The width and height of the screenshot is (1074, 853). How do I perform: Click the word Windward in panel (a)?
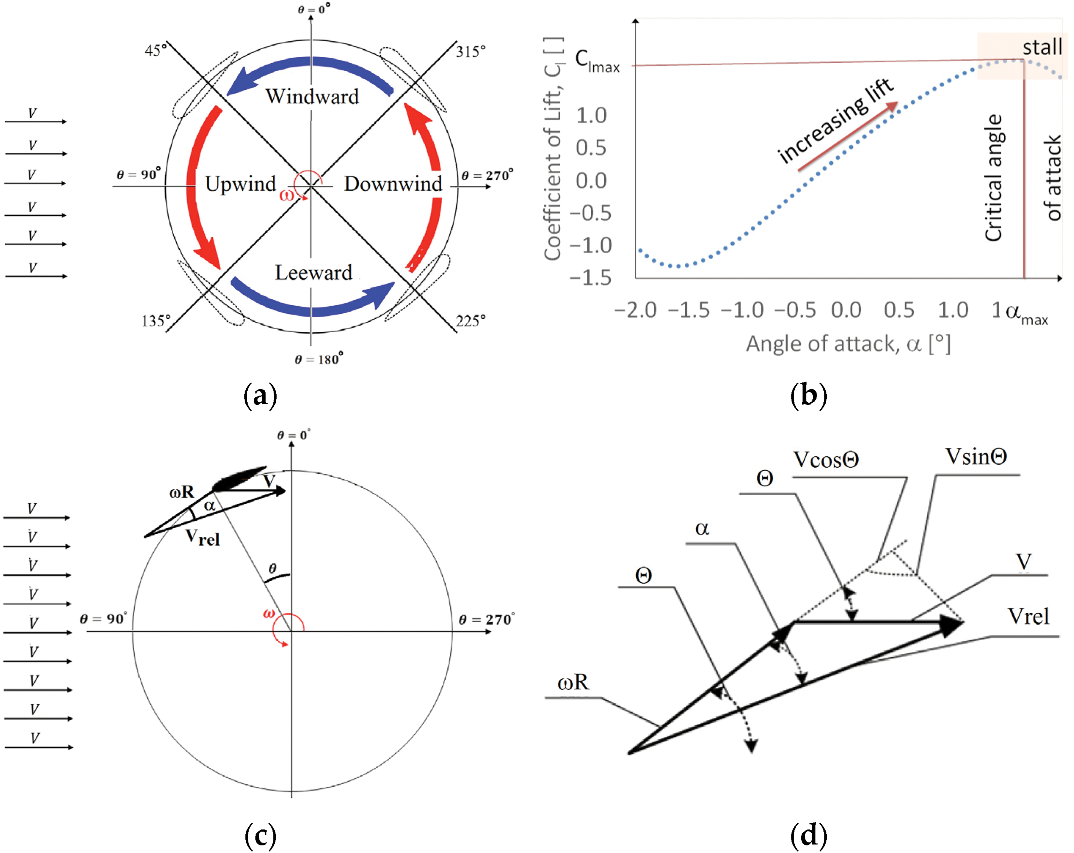pyautogui.click(x=312, y=96)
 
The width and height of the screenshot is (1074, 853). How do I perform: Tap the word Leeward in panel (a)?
pyautogui.click(x=313, y=273)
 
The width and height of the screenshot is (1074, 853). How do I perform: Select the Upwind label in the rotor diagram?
pyautogui.click(x=240, y=184)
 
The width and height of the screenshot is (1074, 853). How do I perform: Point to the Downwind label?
pyautogui.click(x=393, y=184)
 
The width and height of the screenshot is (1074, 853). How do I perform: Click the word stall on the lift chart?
pyautogui.click(x=1042, y=47)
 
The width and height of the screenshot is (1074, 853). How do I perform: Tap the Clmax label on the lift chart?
pyautogui.click(x=597, y=61)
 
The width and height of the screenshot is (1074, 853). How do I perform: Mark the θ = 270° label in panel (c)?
pyautogui.click(x=486, y=619)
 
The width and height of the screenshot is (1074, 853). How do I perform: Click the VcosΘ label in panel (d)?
pyautogui.click(x=826, y=459)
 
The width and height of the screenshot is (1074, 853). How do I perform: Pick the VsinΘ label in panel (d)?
pyautogui.click(x=976, y=456)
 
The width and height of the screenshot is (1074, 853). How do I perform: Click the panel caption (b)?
pyautogui.click(x=808, y=395)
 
